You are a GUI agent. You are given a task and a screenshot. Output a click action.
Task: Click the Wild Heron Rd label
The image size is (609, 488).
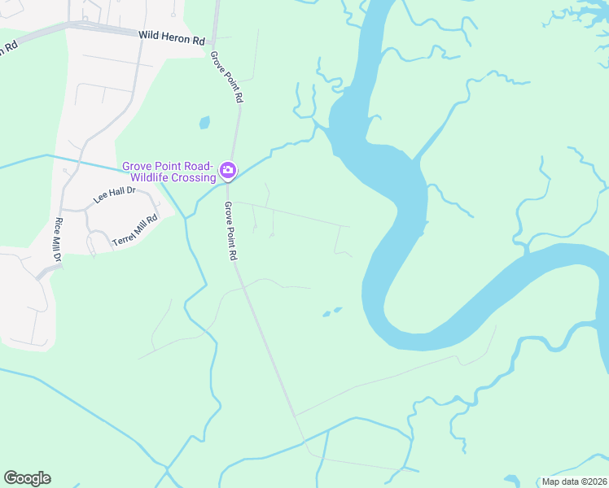(x=172, y=37)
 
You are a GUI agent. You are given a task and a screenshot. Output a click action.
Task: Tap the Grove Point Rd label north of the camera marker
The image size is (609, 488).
(x=226, y=76)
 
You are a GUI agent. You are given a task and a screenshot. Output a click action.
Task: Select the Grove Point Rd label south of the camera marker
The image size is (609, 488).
(x=231, y=230)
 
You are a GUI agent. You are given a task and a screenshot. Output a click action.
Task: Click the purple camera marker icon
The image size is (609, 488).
(x=229, y=171)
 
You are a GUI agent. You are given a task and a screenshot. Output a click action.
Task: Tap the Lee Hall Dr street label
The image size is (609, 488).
(x=113, y=195)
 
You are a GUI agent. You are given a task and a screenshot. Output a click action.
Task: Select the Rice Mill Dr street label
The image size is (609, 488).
(x=58, y=240)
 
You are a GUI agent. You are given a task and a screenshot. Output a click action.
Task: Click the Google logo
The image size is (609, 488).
(x=27, y=478)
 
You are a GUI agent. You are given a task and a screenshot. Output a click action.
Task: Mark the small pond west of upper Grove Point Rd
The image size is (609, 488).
(x=204, y=123)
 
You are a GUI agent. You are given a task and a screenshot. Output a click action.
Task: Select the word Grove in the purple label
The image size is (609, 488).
(x=138, y=166)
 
